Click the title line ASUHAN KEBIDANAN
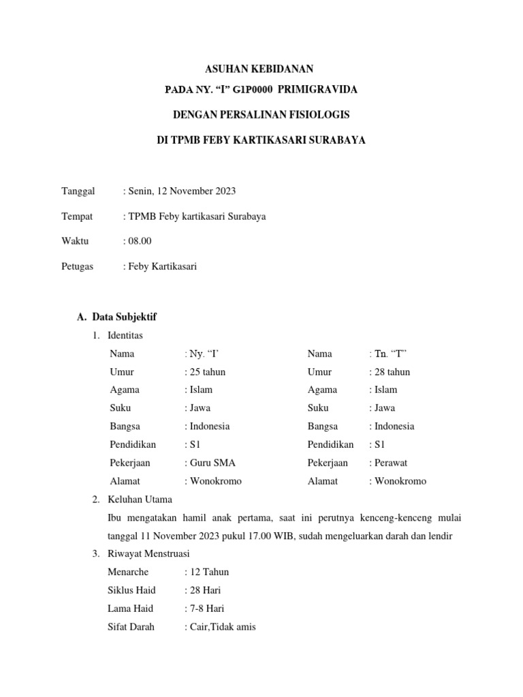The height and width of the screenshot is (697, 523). (x=260, y=69)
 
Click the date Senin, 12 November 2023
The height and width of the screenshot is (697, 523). (x=181, y=191)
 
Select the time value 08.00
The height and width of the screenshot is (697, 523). (x=139, y=241)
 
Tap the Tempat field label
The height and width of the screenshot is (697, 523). (x=77, y=216)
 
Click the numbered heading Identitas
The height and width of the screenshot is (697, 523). (x=125, y=336)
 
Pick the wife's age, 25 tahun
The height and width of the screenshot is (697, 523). (x=206, y=372)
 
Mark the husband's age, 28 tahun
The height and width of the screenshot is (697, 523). (x=392, y=372)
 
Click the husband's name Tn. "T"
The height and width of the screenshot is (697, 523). (x=390, y=354)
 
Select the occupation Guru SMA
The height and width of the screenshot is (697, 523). (x=212, y=463)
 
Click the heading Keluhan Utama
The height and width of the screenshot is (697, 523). (x=140, y=499)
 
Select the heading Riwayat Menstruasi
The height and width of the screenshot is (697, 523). (x=148, y=553)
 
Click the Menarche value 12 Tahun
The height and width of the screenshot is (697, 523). (x=209, y=572)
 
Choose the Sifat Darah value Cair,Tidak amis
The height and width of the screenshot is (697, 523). (x=221, y=627)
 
